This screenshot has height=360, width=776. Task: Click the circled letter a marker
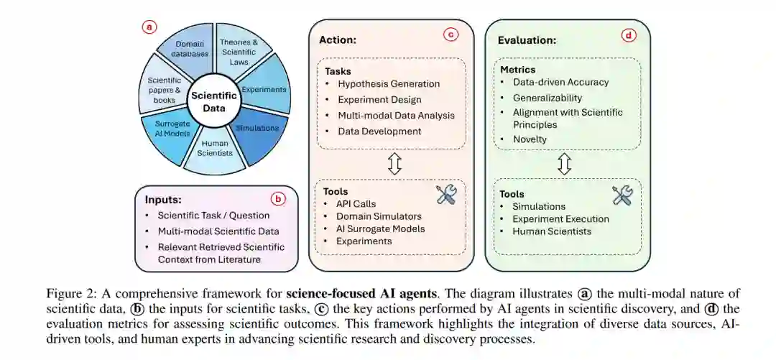(x=149, y=27)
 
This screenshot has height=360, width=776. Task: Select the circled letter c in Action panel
(x=451, y=34)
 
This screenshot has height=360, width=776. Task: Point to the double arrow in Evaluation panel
(x=564, y=163)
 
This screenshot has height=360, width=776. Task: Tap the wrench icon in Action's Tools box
(x=446, y=195)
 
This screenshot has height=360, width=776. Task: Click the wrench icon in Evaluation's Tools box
(x=622, y=195)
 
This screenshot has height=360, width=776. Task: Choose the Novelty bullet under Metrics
(x=530, y=139)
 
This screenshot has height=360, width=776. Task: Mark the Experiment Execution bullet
(x=560, y=218)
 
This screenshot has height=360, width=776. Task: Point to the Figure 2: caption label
(x=70, y=293)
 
